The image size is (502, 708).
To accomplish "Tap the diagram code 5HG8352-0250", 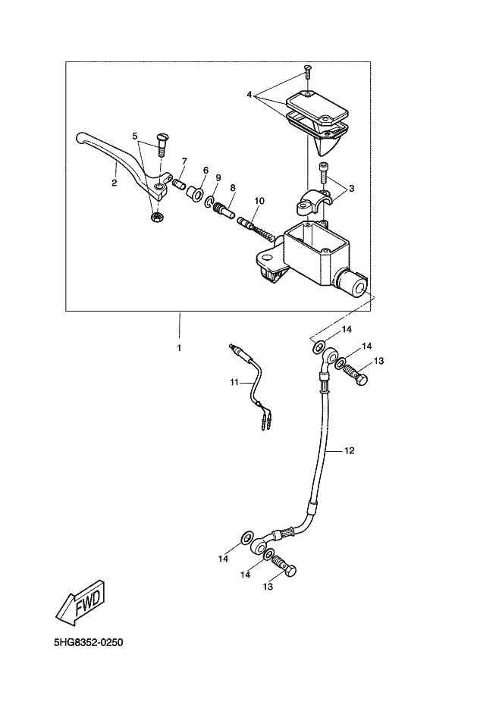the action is tap(89, 642).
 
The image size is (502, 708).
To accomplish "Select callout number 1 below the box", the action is tap(179, 348).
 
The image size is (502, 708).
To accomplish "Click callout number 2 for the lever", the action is tap(115, 183).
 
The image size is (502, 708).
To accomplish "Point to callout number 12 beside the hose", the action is tap(350, 450).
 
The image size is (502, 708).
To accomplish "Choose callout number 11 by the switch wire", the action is tap(234, 382).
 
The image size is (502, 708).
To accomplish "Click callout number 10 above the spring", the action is tap(260, 200).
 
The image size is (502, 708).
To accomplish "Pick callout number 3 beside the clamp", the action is tap(352, 188).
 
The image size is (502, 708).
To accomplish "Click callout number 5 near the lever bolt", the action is tap(134, 136).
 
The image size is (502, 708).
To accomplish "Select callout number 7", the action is tap(184, 161).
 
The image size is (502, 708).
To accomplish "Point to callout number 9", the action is tap(218, 177).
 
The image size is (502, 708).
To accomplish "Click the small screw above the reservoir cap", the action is tap(307, 70).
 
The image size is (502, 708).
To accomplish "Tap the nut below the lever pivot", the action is tap(156, 218).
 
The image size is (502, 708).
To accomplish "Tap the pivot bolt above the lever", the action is tap(161, 143).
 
